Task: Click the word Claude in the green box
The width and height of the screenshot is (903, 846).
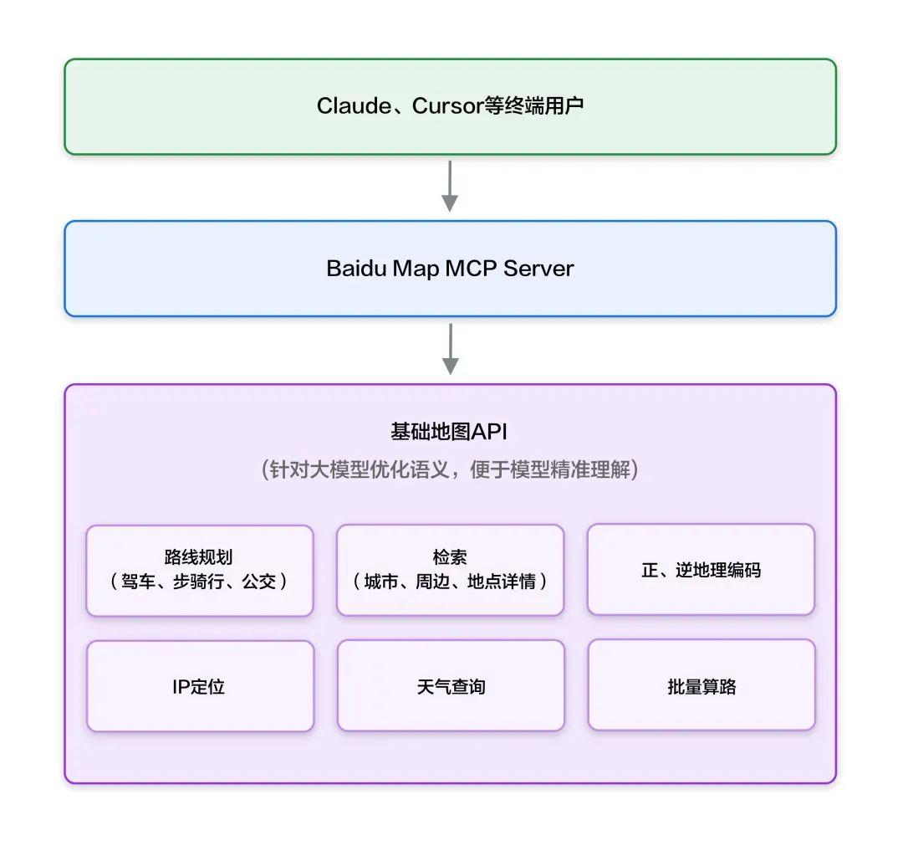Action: (354, 106)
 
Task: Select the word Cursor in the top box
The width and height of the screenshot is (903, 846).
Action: (448, 106)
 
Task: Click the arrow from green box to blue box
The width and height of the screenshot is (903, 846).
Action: (450, 185)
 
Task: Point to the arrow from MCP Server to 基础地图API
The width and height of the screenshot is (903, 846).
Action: (450, 348)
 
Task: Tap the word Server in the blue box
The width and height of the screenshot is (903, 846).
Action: (538, 269)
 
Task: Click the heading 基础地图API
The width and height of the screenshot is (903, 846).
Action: (449, 432)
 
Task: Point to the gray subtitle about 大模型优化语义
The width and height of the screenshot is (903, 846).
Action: (450, 469)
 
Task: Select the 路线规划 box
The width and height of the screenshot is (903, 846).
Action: (200, 570)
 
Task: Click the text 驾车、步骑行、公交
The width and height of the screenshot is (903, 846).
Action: (199, 582)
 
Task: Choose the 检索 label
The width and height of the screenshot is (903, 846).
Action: (450, 557)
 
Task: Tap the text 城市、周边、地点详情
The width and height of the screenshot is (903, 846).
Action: (450, 582)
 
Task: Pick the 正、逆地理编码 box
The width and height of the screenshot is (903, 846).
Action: (701, 570)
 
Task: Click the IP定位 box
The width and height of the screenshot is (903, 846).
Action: (200, 686)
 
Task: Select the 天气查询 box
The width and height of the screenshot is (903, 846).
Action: (451, 686)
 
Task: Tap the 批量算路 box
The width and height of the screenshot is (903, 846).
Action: (701, 686)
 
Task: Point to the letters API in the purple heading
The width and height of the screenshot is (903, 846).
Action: (490, 432)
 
